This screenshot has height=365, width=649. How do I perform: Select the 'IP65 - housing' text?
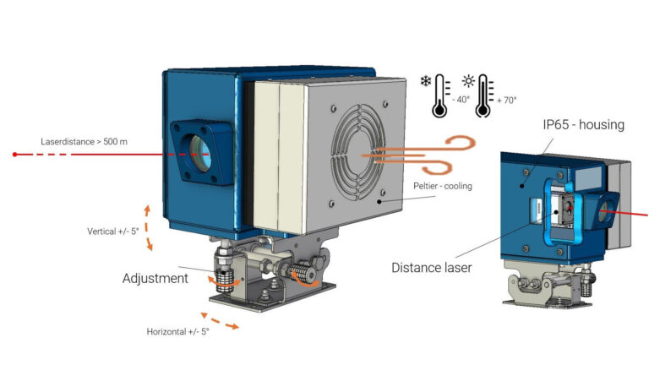[x=583, y=125]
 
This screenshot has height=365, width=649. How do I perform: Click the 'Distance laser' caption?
[x=432, y=267]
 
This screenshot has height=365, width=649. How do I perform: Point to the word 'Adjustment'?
[x=155, y=278]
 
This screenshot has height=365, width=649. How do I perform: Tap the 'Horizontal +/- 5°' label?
[x=177, y=331]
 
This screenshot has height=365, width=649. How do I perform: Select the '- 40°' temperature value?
[x=461, y=99]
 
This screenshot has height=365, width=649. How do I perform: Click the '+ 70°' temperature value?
[x=506, y=99]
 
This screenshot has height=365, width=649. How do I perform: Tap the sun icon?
[x=467, y=81]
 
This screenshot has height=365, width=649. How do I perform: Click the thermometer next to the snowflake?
[x=439, y=95]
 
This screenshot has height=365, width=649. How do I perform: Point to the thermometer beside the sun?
[x=484, y=95]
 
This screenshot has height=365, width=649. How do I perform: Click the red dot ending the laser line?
[x=15, y=155]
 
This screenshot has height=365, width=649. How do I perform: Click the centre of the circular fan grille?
[x=363, y=155]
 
